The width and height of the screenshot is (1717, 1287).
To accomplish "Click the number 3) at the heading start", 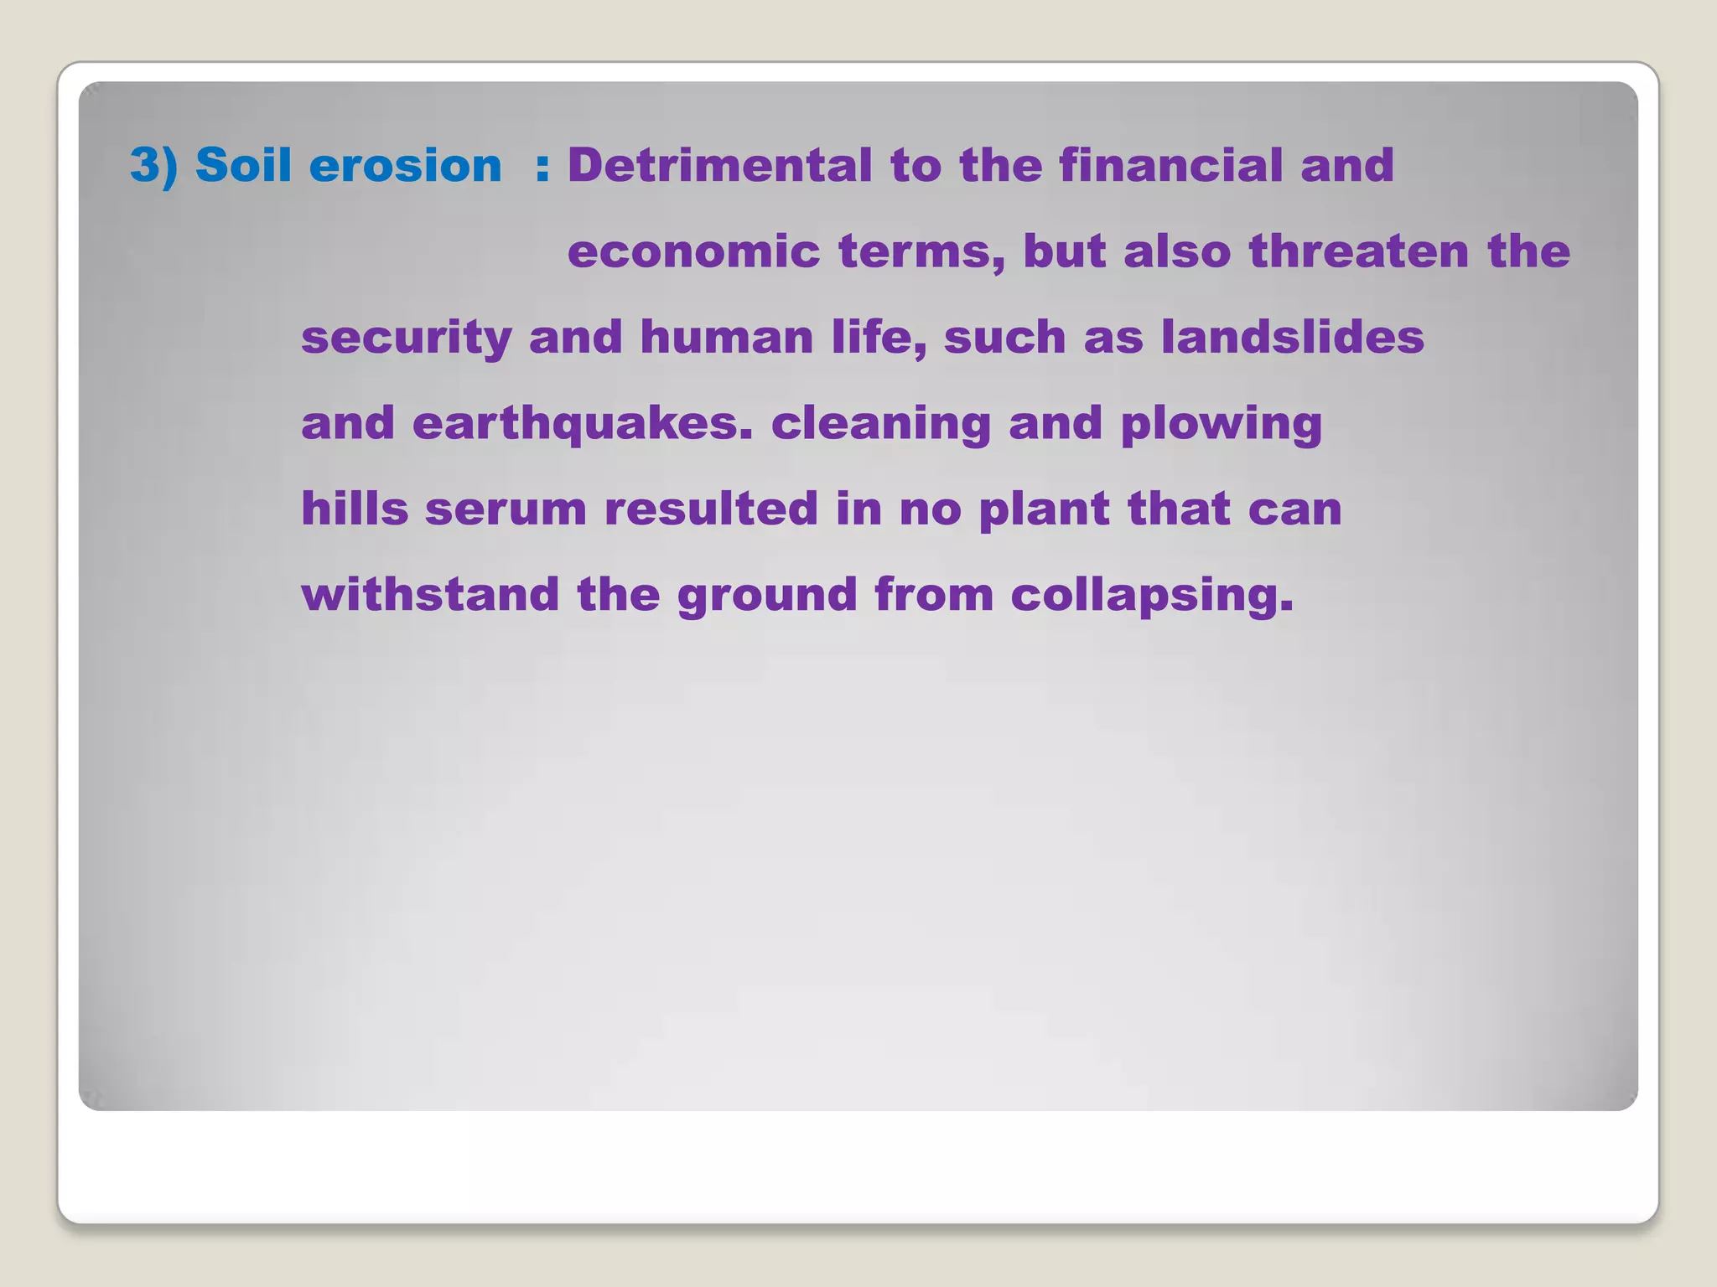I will pos(153,165).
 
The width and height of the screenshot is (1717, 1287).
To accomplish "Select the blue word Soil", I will pos(242,165).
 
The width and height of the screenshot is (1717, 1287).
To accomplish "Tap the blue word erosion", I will pos(405,165).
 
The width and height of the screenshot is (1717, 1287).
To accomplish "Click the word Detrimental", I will pos(719,165).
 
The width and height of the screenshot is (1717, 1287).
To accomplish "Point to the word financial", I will pos(1170,165).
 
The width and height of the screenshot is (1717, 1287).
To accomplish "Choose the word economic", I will pos(693,251).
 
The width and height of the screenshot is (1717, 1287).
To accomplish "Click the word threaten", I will pos(1358,251).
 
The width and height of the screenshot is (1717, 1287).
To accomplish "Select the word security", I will pos(406,339).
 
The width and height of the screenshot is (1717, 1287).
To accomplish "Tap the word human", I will pos(726,338).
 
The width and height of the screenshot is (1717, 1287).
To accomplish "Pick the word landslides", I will pos(1292,338).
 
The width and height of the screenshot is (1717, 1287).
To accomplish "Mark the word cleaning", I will pos(880,424).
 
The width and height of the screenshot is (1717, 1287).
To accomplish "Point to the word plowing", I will pos(1221,424).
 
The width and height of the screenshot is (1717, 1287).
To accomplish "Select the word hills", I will pos(355,509).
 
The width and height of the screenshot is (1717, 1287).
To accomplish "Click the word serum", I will pos(506,510).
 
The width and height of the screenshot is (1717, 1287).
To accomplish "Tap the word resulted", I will pos(711,509).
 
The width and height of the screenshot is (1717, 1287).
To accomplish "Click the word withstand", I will pos(430,595).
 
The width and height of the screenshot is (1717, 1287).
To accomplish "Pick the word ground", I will pos(766,596).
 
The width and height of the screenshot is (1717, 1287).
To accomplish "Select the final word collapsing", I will pos(1151,596).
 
